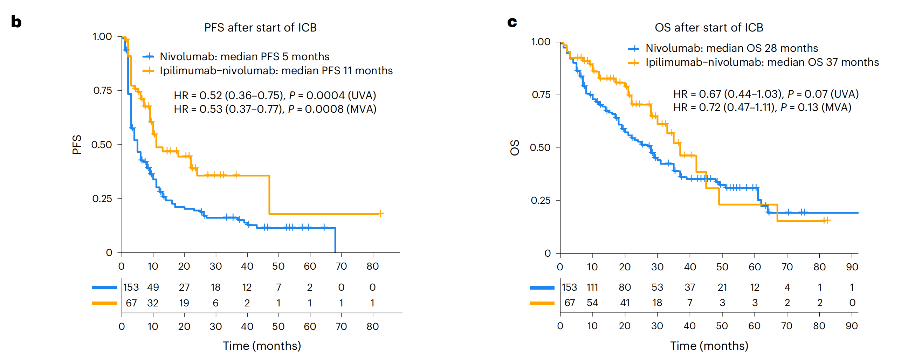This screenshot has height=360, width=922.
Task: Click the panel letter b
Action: (x=16, y=22)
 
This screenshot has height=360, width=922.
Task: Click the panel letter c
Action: (x=512, y=22)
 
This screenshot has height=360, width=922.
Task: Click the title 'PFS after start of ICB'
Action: (x=260, y=28)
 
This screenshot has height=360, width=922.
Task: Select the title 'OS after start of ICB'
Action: (x=709, y=28)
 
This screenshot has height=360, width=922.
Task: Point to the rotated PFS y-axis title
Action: (x=77, y=145)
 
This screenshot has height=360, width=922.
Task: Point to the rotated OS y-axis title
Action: (x=515, y=147)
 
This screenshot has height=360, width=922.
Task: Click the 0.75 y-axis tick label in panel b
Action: (x=103, y=91)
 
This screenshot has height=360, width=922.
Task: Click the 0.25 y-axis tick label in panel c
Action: (x=541, y=200)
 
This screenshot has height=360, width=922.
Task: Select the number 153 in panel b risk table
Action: (x=131, y=288)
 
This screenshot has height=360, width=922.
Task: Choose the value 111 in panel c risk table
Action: (x=592, y=288)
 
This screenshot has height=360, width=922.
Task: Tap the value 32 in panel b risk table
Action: (x=153, y=303)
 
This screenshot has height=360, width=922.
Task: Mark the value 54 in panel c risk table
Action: (x=592, y=303)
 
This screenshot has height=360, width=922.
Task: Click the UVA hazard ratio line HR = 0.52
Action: (x=275, y=96)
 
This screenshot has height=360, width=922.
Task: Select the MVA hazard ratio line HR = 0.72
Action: (x=762, y=108)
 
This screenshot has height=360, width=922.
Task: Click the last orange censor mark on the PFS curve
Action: (x=380, y=213)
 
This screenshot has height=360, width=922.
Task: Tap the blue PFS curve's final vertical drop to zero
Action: (x=335, y=240)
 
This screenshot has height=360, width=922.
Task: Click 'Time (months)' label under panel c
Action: (x=709, y=346)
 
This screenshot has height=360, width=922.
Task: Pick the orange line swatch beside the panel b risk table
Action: (x=104, y=303)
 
